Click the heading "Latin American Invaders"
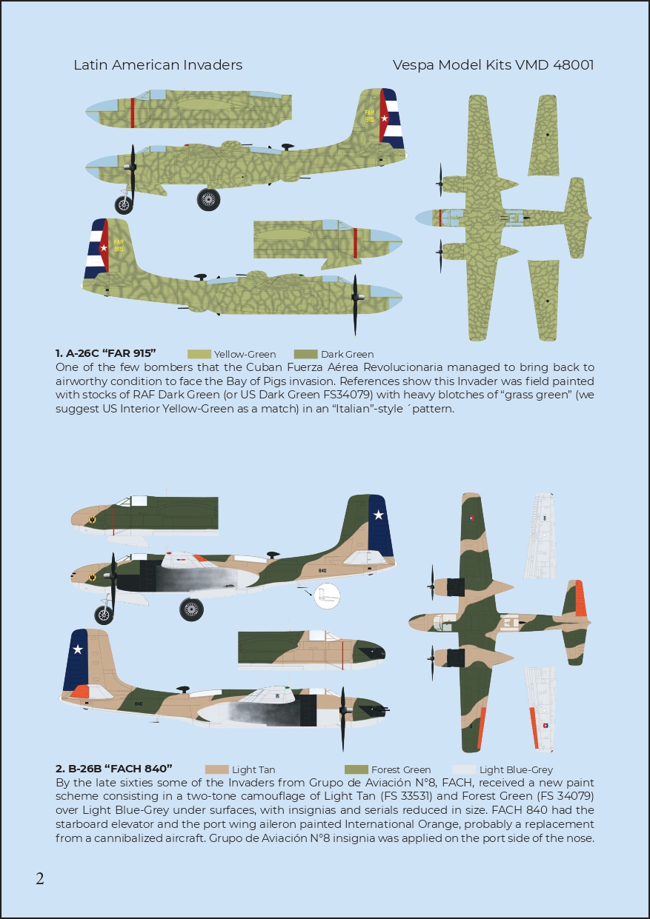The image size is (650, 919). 158,65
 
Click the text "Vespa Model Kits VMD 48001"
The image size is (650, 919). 493,65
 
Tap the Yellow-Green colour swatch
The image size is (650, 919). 199,354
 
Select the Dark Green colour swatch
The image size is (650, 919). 306,354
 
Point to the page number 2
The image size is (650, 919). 40,879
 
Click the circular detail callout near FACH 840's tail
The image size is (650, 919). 327,595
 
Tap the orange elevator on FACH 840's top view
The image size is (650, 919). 580,598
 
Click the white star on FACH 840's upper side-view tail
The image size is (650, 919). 379,515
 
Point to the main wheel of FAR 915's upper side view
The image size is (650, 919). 208,199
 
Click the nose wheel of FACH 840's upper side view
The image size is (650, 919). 104,615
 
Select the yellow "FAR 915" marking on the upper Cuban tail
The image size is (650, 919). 370,116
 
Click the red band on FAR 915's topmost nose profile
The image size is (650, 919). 133,113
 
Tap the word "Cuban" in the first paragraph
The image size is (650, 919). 262,367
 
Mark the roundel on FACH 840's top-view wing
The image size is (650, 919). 471,518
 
